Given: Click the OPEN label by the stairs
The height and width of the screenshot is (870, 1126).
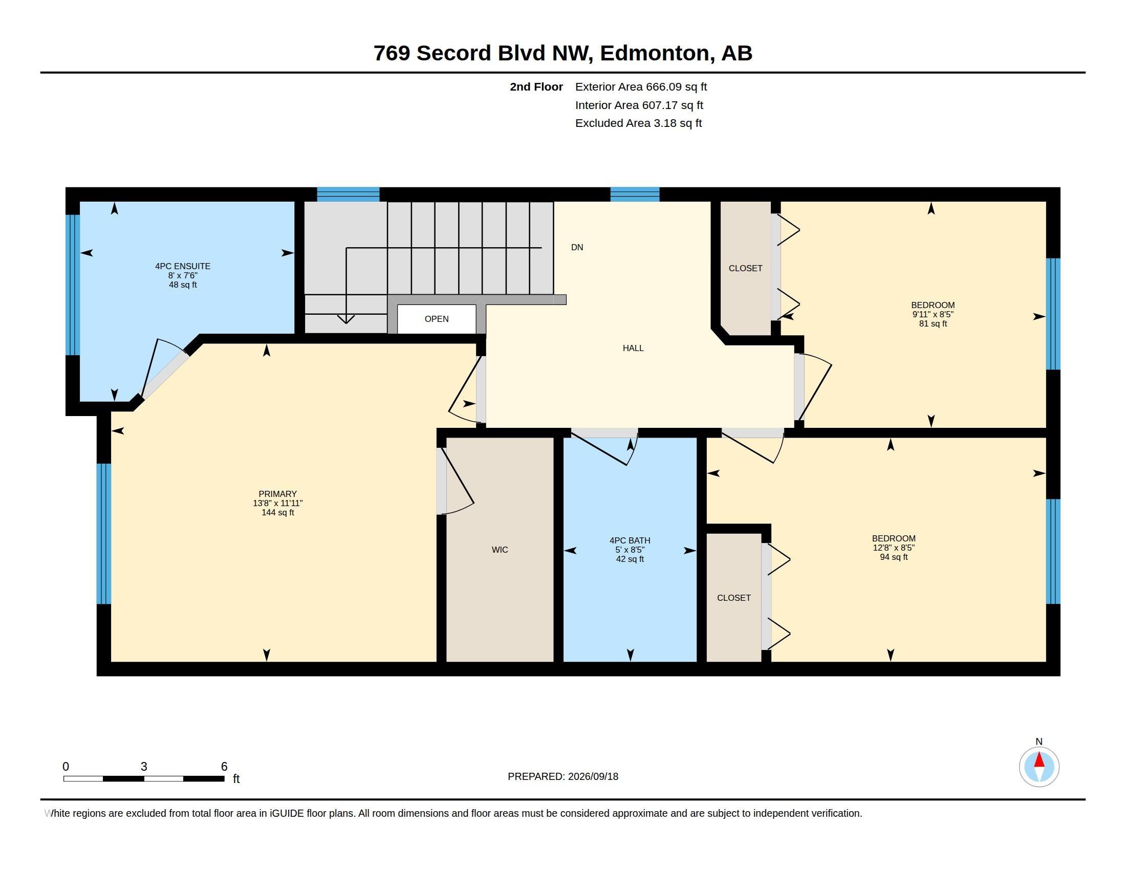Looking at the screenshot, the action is point(436,319).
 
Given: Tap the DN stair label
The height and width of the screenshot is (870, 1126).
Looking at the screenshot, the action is point(577,247).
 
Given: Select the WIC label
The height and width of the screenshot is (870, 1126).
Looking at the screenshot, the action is point(500,550).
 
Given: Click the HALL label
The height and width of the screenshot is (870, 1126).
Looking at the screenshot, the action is point(633,349).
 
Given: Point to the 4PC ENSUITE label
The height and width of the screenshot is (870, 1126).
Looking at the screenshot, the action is point(183,267).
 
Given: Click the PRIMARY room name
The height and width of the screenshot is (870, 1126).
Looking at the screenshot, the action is point(277,494).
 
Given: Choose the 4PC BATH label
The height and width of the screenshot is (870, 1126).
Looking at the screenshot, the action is point(630,540).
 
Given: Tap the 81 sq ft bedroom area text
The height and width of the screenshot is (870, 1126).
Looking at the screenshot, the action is point(933,323).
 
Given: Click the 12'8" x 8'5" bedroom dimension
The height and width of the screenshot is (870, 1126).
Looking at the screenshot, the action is point(894,548).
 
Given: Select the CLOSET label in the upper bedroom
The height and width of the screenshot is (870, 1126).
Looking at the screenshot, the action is point(745,269).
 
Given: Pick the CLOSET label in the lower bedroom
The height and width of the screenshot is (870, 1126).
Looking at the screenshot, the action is point(733,598).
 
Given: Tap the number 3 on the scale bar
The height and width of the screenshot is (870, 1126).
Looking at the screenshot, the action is point(144,767).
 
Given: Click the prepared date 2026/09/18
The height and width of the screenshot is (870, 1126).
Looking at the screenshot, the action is point(593,776).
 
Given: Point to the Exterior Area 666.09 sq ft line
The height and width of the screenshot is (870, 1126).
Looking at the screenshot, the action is point(641,87).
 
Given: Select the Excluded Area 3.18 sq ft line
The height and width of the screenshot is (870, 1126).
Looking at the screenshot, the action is point(638,123).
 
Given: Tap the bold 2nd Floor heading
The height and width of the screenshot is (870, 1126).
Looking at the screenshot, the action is point(536,87).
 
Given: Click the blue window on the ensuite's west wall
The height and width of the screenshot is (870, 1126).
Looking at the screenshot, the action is point(73,285).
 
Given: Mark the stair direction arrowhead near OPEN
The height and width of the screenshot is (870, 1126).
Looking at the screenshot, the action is point(345,319).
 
